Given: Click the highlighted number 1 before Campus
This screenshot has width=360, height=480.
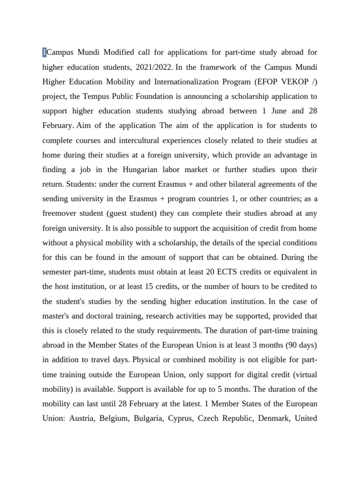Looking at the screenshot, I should (x=44, y=52).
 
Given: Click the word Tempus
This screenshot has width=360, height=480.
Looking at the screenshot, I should (x=97, y=97).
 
